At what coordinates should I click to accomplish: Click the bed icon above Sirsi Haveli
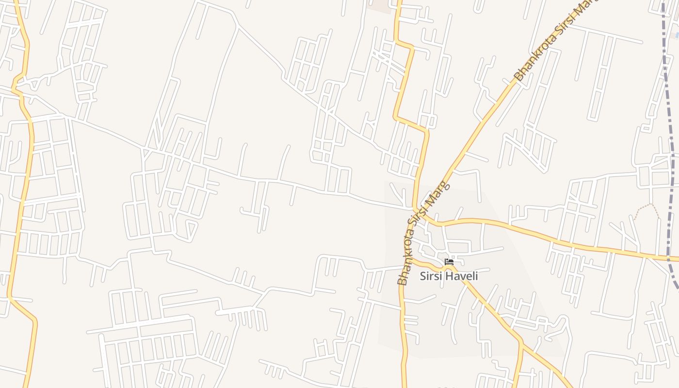(x=449, y=262)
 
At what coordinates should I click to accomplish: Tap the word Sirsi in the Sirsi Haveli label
(x=430, y=276)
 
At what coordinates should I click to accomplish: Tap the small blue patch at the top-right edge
(x=676, y=35)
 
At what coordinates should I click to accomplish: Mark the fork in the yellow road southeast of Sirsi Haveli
(x=520, y=341)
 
